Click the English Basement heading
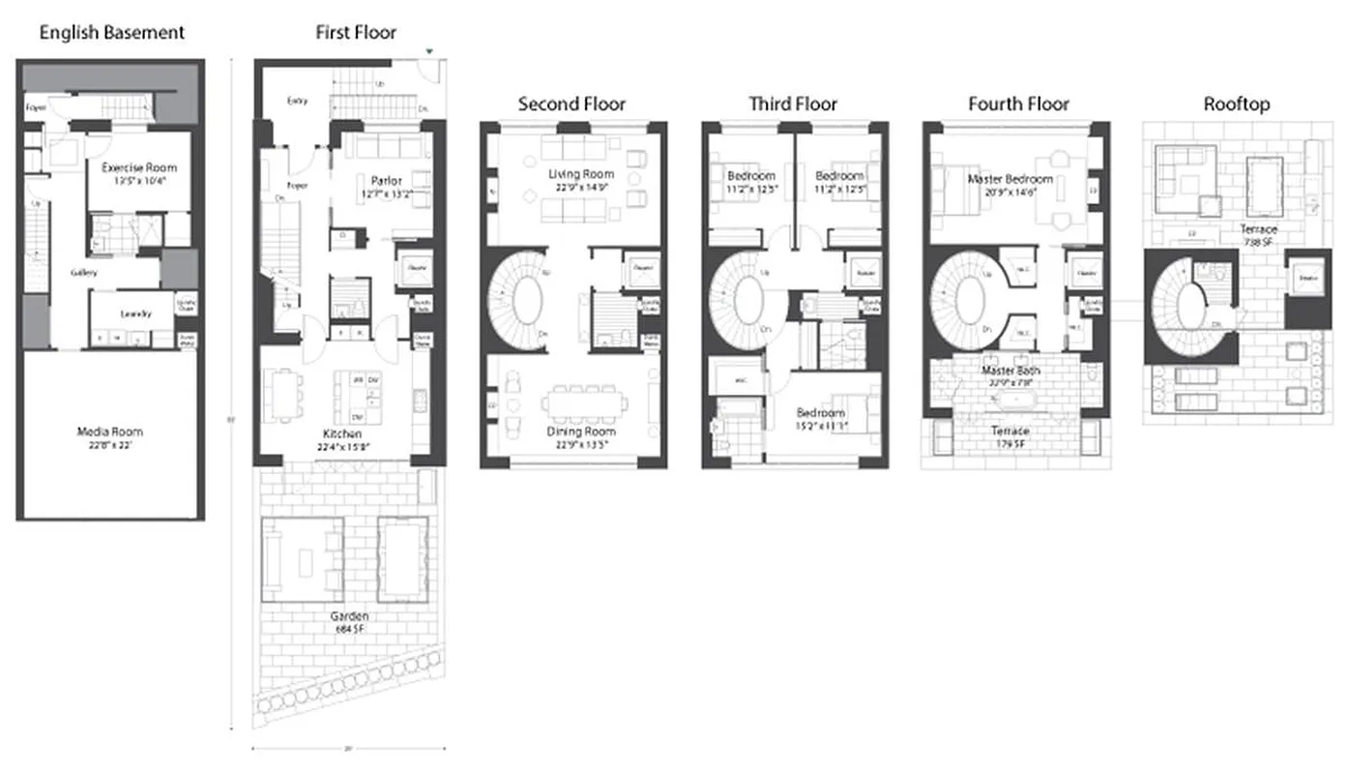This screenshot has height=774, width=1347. tap(111, 33)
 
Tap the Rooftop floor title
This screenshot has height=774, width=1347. tap(1236, 104)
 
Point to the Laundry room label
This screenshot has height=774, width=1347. tap(135, 313)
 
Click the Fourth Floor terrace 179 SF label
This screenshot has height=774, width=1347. tap(1010, 436)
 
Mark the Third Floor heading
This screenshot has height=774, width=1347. tap(793, 104)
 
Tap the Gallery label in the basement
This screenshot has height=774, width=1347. tap(84, 273)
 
